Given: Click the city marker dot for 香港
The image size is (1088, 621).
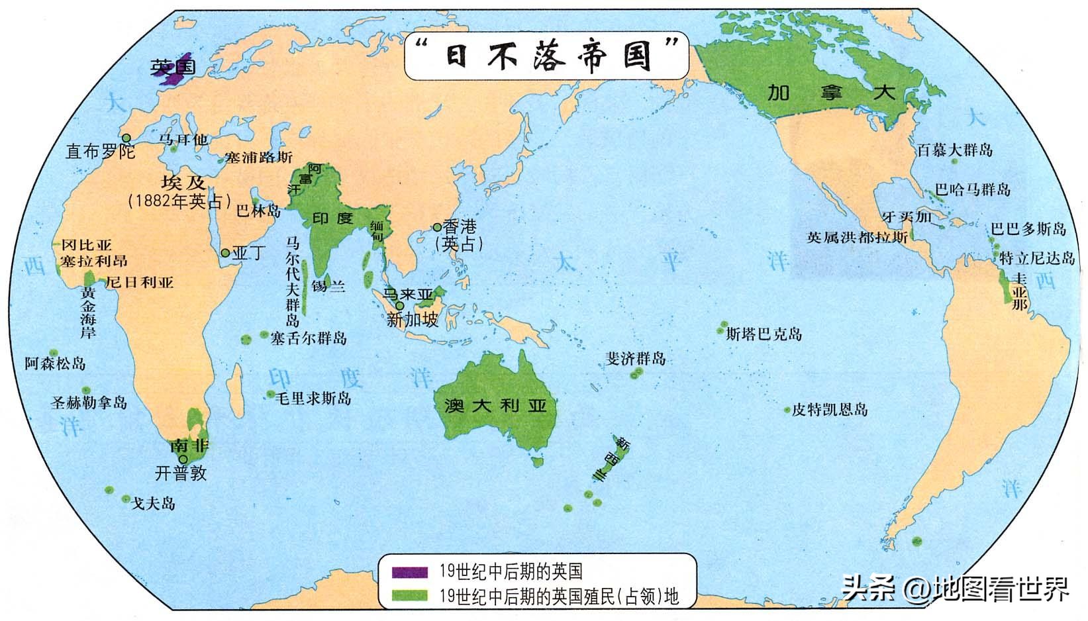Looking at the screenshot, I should pyautogui.click(x=437, y=227).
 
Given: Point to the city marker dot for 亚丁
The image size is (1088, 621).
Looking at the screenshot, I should pyautogui.click(x=225, y=253).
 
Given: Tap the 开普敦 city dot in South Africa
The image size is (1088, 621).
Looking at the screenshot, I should pyautogui.click(x=182, y=459).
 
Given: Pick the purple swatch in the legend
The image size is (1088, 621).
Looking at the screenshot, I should pyautogui.click(x=409, y=571).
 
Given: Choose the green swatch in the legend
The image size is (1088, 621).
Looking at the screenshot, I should pyautogui.click(x=409, y=595).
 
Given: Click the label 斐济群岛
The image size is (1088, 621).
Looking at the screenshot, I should pyautogui.click(x=636, y=359).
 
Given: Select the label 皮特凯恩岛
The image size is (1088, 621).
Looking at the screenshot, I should pyautogui.click(x=830, y=410).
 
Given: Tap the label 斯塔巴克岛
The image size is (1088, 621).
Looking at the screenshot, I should pyautogui.click(x=764, y=334).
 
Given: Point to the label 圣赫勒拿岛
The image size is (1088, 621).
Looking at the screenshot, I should pyautogui.click(x=89, y=402).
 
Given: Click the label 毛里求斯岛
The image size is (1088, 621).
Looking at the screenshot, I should pyautogui.click(x=313, y=398).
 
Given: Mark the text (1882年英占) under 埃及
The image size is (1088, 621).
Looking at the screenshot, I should pyautogui.click(x=179, y=201).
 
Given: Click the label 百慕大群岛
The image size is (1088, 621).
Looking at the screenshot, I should pyautogui.click(x=955, y=150).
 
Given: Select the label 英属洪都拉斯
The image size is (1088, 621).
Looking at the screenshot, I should pyautogui.click(x=856, y=237).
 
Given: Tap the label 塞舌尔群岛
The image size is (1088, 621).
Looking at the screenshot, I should pyautogui.click(x=309, y=338).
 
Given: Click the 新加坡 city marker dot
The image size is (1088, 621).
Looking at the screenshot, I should pyautogui.click(x=399, y=306).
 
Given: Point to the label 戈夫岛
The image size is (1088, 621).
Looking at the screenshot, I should pyautogui.click(x=153, y=503).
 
